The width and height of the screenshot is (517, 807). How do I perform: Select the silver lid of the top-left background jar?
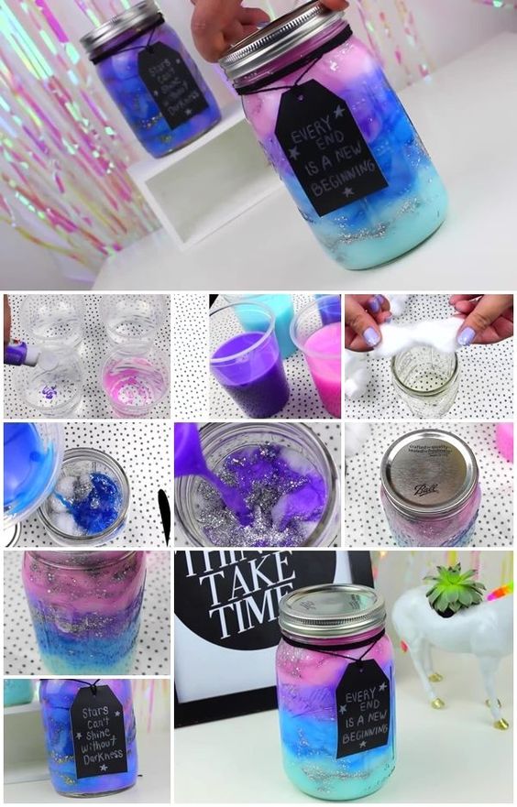119,27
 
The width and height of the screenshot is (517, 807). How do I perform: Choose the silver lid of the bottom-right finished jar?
331,611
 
